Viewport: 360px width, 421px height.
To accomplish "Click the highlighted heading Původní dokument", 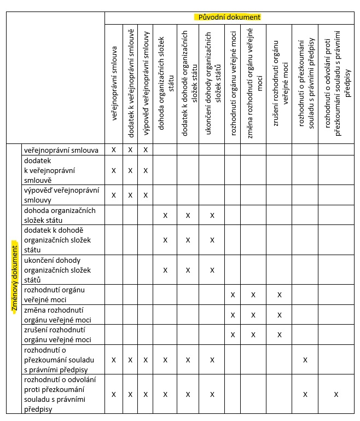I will click(228, 17).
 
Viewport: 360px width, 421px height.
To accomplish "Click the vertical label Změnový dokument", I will click(15, 279).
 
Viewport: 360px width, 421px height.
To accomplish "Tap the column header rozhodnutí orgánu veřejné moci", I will click(233, 82).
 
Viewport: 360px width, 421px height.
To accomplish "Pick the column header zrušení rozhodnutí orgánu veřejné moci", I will click(279, 82).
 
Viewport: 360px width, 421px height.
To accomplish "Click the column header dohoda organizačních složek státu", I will click(165, 82).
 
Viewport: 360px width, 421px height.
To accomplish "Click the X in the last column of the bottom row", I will click(336, 394).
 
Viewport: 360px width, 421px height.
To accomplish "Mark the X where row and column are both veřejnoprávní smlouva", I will click(114, 149).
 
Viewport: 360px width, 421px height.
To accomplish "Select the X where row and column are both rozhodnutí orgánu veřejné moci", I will click(233, 295).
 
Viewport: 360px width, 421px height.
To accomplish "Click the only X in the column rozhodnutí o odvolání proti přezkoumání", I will click(336, 394).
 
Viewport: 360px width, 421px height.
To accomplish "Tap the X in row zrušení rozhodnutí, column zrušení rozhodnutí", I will click(279, 335).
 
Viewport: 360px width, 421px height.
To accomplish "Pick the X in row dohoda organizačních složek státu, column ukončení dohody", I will click(212, 215).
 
